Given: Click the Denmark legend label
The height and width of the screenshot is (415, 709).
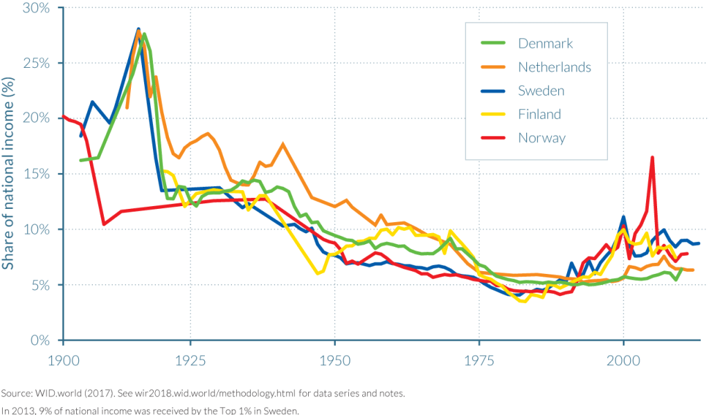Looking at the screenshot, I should click(x=546, y=44).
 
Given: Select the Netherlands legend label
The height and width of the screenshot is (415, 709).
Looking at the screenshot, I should click(x=555, y=67).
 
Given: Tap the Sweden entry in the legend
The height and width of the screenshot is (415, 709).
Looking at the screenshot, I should click(x=541, y=91).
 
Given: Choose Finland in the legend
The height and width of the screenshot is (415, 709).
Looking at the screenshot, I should click(x=539, y=114).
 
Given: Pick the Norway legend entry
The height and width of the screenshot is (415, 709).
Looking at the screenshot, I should click(x=541, y=138).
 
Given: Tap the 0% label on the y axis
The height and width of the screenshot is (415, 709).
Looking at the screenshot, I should click(x=42, y=340).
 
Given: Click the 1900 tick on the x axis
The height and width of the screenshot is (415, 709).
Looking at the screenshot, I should click(x=63, y=360).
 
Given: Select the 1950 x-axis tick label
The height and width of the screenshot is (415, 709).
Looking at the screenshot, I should click(x=334, y=360).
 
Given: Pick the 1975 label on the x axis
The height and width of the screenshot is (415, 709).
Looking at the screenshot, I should click(x=479, y=360).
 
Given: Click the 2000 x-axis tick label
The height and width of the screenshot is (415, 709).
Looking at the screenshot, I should click(x=623, y=360).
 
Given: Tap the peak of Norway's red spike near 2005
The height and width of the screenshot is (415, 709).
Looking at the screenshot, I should click(x=652, y=158).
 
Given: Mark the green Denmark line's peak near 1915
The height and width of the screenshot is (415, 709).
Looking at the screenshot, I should click(x=145, y=34).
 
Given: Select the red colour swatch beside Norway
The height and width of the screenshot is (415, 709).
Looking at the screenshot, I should click(x=494, y=138).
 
